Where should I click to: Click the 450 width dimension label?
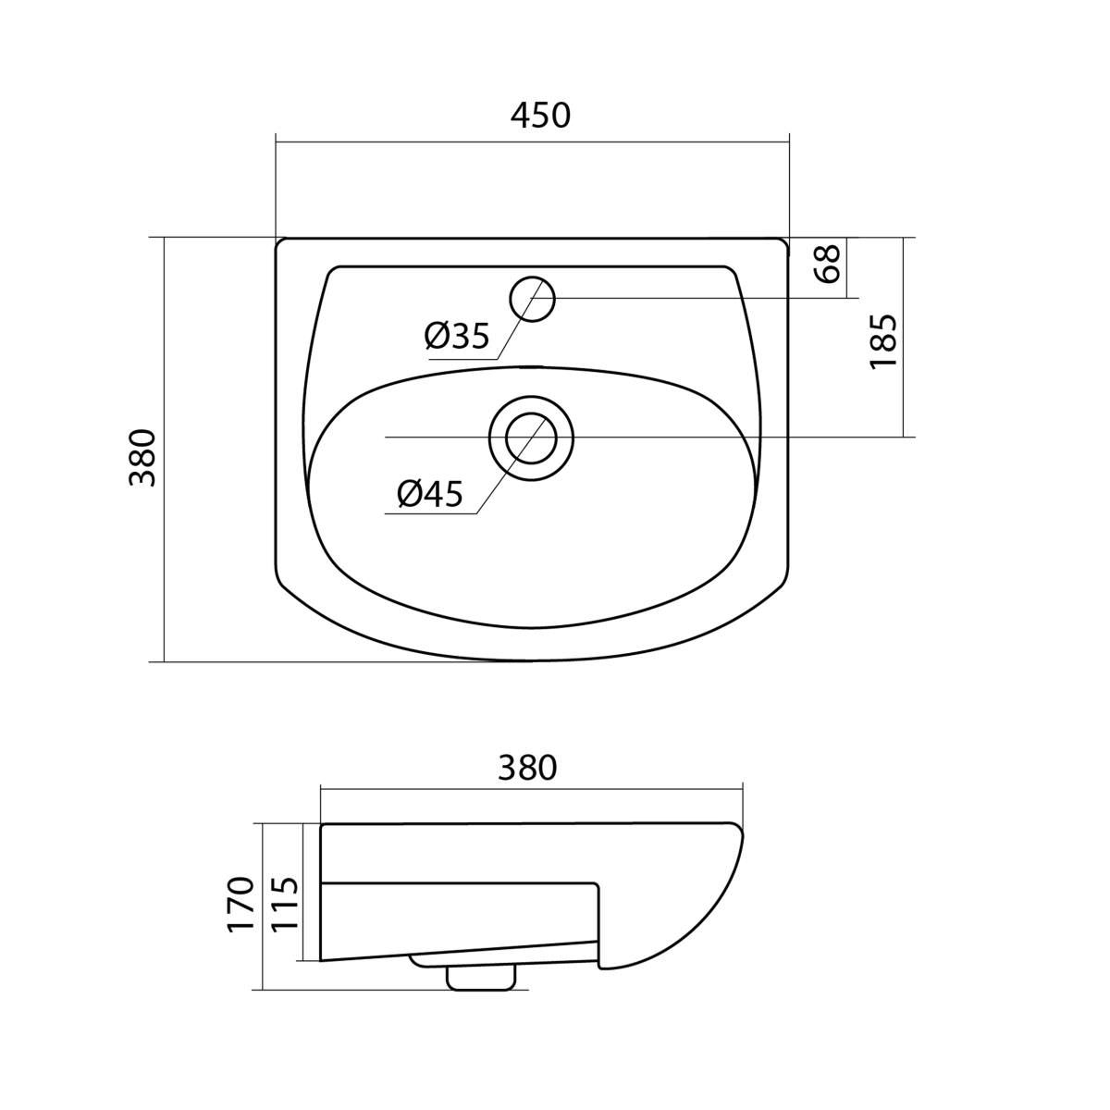(540, 116)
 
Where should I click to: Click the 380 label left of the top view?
(142, 459)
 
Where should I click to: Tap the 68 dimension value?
(828, 264)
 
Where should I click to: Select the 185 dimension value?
(883, 341)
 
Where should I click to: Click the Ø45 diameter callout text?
(430, 494)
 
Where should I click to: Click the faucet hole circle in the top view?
(532, 299)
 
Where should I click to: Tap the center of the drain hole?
(531, 438)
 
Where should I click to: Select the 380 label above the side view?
(527, 768)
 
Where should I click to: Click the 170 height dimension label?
(240, 912)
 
